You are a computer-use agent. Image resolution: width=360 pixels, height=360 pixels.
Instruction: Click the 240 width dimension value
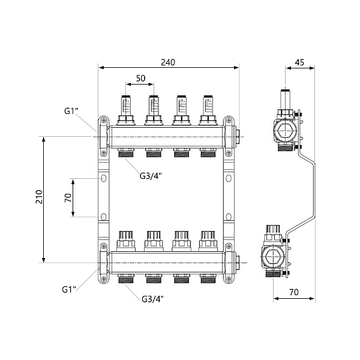tap(169, 62)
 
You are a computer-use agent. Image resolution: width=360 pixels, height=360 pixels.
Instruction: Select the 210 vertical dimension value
tap(39, 199)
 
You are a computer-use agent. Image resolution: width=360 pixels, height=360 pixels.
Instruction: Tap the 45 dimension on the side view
tap(299, 62)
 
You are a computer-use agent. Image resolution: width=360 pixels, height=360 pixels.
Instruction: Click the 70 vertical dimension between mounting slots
tap(68, 197)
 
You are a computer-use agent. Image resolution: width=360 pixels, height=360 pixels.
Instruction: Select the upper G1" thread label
tap(71, 111)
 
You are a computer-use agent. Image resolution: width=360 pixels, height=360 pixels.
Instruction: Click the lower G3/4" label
tap(153, 299)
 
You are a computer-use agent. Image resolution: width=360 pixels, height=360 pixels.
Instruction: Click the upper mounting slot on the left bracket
tap(104, 179)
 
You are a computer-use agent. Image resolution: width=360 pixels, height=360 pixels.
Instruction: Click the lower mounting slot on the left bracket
tap(104, 217)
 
